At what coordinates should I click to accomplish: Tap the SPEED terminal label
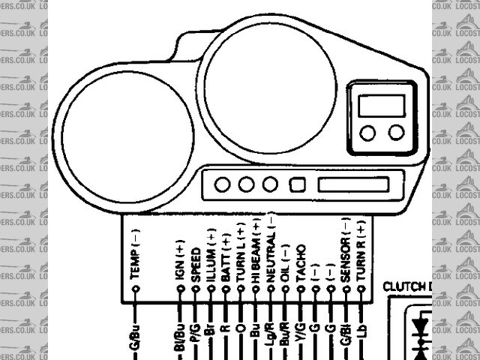195,263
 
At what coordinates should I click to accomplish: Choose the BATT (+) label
226,258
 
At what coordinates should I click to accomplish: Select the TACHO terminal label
301,263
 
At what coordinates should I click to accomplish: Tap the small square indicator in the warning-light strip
298,184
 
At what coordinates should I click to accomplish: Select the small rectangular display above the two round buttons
381,105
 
